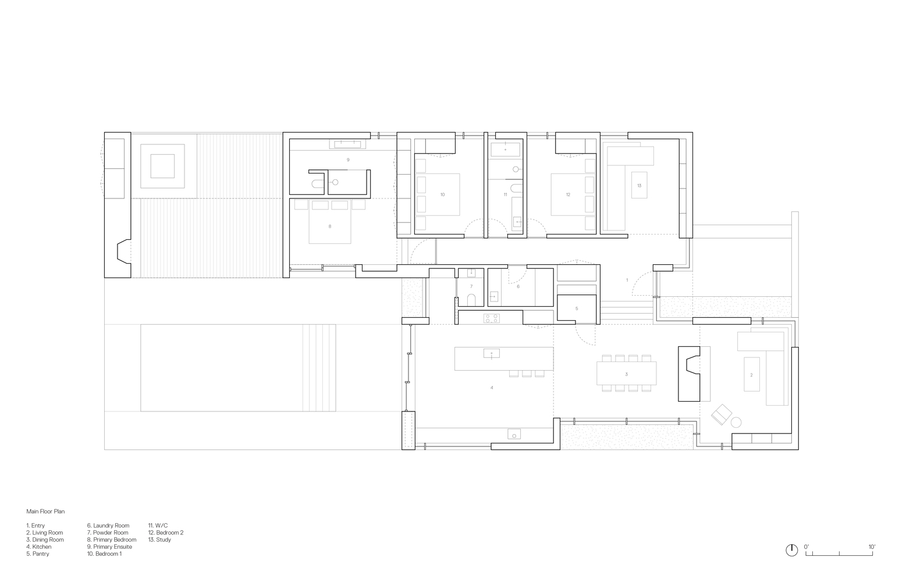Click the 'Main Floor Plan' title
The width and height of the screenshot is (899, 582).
click(45, 512)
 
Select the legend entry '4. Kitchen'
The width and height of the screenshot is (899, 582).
click(39, 546)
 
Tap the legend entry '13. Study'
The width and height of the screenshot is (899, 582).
click(160, 540)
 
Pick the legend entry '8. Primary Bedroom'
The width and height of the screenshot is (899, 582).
click(112, 540)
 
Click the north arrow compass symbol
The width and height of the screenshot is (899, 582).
click(791, 550)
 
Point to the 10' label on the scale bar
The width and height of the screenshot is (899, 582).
click(872, 546)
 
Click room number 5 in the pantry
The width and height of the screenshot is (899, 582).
click(577, 308)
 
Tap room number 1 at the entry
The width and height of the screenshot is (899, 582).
click(627, 280)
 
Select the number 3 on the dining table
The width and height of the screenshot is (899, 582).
click(627, 374)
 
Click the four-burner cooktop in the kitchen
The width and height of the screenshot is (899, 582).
click(492, 318)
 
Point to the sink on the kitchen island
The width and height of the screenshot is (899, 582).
click(492, 353)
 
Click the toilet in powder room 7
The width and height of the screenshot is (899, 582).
click(471, 299)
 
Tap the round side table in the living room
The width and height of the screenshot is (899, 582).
click(736, 423)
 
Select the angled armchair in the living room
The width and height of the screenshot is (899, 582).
click(722, 414)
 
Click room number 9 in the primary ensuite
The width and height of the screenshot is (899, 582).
click(348, 159)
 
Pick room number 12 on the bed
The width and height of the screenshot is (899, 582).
click(568, 194)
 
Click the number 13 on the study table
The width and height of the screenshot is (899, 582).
click(639, 186)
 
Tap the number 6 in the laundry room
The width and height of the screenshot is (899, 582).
click(518, 286)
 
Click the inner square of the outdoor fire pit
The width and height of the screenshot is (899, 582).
click(162, 166)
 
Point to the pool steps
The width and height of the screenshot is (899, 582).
click(319, 368)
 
